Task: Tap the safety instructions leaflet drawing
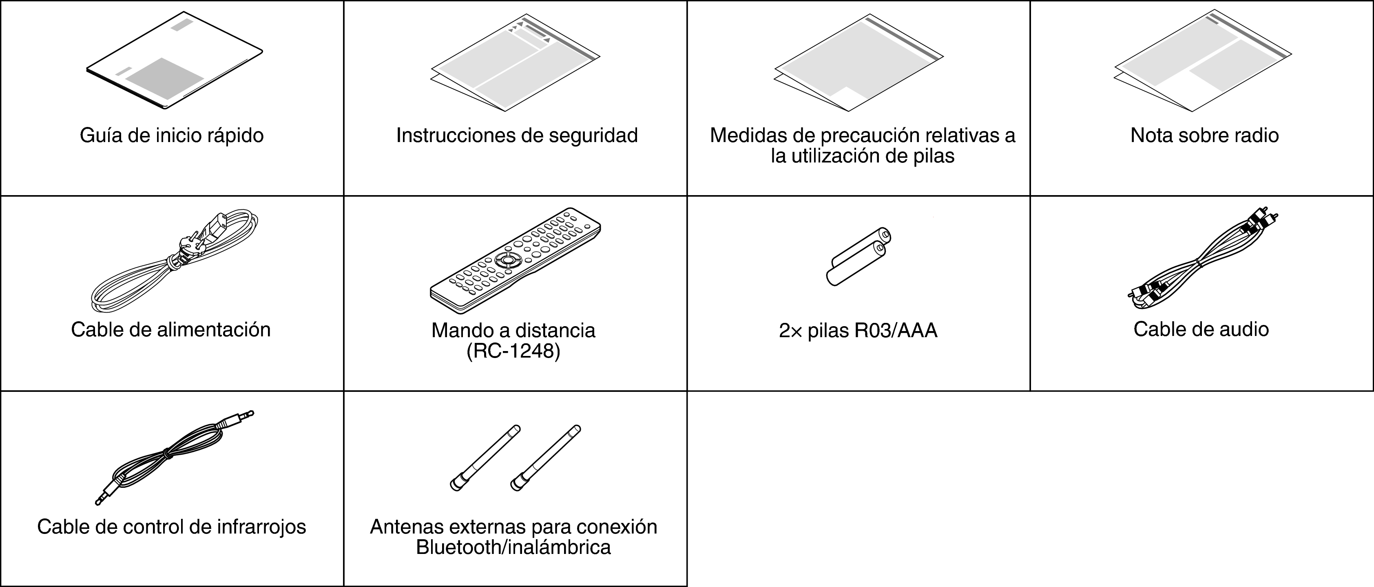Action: [515, 63]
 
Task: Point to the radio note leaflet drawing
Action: [1202, 61]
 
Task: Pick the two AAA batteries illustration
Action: [859, 256]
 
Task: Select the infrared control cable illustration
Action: [171, 456]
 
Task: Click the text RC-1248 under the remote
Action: [513, 351]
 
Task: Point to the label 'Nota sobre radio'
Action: [1204, 136]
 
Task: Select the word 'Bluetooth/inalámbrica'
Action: [513, 547]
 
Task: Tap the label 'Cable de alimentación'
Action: [171, 330]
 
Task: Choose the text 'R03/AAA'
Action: [896, 331]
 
